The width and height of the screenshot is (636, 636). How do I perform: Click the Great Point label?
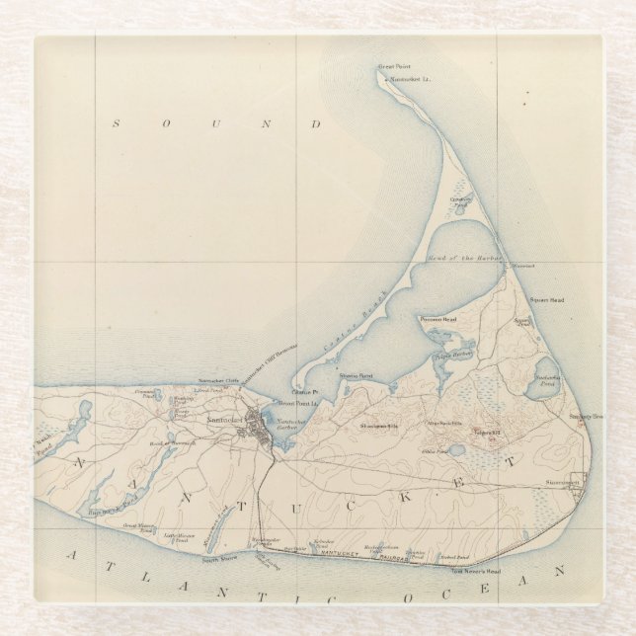[x=393, y=67]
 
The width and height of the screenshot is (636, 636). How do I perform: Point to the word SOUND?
[x=217, y=124]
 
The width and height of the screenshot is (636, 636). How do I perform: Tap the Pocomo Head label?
[x=438, y=319]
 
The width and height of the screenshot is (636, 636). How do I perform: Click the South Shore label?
[x=217, y=559]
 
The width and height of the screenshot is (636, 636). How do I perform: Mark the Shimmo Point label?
[x=356, y=376]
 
